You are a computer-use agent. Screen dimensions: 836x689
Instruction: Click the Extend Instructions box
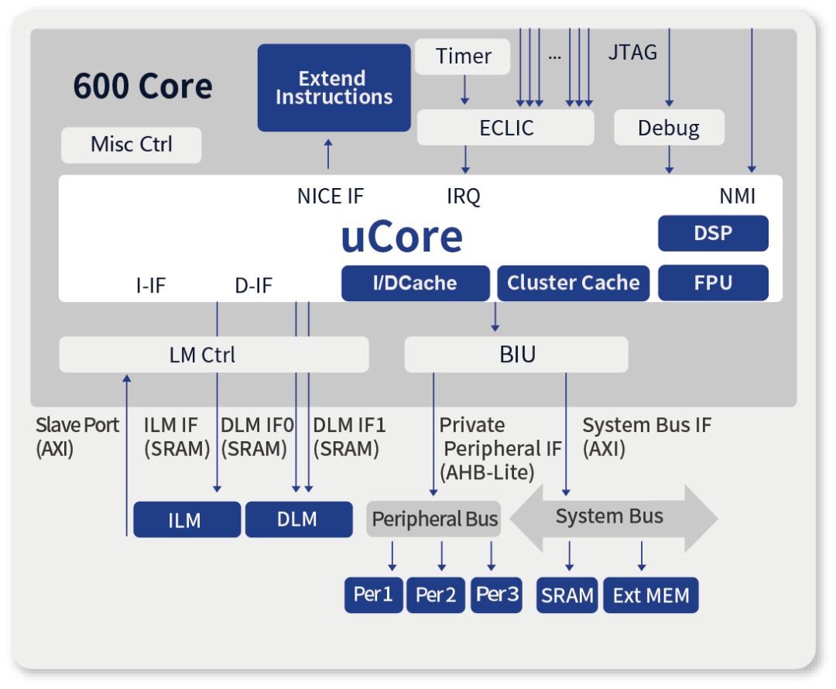click(334, 88)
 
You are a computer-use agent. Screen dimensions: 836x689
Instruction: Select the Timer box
click(462, 57)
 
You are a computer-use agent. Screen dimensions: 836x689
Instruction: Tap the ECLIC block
click(505, 128)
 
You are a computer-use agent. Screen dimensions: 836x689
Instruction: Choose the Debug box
click(669, 128)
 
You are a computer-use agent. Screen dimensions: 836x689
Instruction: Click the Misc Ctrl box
click(131, 145)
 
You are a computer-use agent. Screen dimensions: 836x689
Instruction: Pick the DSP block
click(713, 233)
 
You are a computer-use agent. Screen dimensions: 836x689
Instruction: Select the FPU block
click(713, 283)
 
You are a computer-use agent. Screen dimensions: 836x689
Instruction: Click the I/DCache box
click(416, 283)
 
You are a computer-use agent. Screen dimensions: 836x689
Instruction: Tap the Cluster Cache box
click(573, 283)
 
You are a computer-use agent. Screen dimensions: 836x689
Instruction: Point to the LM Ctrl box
click(214, 355)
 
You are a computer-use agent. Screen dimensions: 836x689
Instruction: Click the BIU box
click(516, 355)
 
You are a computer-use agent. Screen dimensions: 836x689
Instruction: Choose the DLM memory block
click(299, 519)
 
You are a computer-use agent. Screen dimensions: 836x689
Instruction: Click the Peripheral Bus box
click(433, 519)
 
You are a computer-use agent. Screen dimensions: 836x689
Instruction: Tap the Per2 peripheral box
click(436, 595)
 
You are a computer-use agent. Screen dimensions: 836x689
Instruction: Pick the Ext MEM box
click(650, 595)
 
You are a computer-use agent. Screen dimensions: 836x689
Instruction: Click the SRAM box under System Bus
click(567, 595)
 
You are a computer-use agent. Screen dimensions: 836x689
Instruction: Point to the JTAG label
click(633, 53)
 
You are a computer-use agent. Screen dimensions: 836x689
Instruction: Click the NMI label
click(738, 196)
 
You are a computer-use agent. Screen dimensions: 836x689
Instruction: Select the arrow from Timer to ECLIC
click(464, 90)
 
